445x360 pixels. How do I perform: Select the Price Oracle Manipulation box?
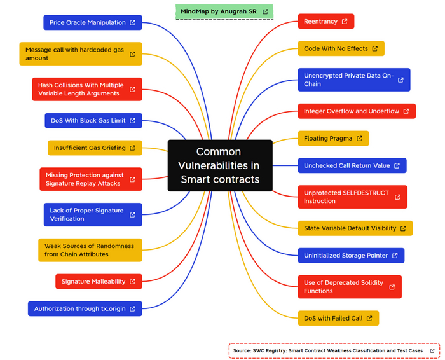coord(93,23)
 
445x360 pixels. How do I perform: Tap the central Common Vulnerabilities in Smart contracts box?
coord(220,165)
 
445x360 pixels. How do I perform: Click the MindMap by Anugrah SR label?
coord(224,11)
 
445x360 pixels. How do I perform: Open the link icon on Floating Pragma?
coord(359,139)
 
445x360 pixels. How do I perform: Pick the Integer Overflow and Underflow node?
coord(356,111)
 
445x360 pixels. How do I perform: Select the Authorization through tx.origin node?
coord(85,309)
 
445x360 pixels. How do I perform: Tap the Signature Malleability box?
coord(98,282)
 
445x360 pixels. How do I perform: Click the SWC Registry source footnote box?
coord(334,350)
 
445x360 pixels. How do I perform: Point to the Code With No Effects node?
coord(341,49)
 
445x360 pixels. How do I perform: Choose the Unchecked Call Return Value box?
coord(352,166)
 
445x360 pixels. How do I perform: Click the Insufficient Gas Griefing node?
coord(95,148)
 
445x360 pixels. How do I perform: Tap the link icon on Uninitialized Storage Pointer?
coord(395,256)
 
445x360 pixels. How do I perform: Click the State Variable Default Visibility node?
coord(355,228)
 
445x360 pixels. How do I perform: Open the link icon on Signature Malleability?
coord(132,282)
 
